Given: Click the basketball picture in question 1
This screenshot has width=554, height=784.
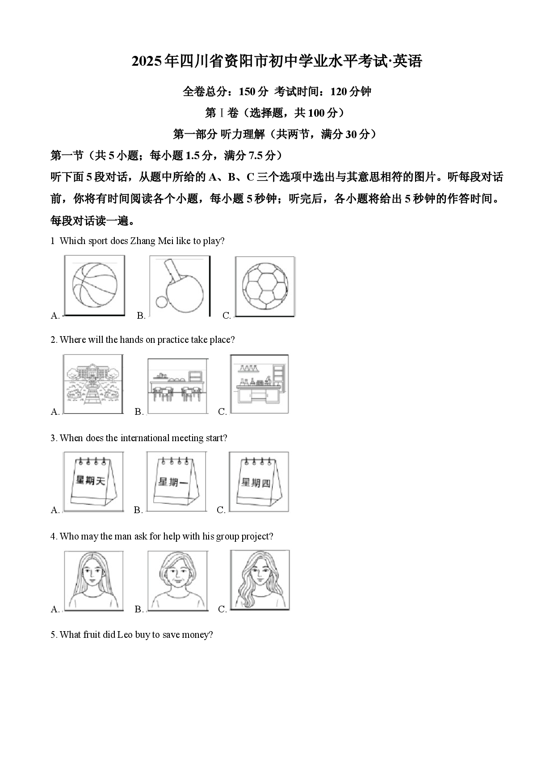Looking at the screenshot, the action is click(94, 285).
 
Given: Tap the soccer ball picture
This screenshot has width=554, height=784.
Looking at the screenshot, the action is click(265, 287).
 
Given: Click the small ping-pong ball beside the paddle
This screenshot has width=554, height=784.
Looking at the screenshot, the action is click(161, 303).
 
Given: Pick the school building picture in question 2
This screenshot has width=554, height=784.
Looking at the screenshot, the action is click(93, 384).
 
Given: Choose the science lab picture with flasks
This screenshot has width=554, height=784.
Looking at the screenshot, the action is click(259, 384).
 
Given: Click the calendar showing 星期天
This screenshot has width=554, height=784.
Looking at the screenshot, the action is click(93, 481).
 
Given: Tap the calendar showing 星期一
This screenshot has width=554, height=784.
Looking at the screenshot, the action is click(176, 481).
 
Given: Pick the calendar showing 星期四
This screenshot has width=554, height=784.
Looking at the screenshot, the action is click(259, 481).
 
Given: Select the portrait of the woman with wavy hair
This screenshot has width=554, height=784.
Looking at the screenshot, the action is click(260, 580).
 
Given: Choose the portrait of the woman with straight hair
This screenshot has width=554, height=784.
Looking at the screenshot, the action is click(93, 581).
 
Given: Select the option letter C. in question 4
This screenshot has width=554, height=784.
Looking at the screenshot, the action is click(222, 609).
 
